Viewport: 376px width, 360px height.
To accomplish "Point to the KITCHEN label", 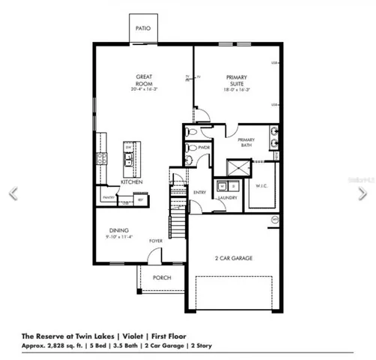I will click(133, 181).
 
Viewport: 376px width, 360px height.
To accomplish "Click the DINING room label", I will click(118, 230).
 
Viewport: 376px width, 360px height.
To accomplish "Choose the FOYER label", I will click(155, 241).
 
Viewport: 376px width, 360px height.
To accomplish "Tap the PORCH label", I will click(162, 277).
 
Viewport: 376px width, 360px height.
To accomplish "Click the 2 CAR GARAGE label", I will click(233, 258).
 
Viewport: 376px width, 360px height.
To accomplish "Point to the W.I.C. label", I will click(261, 185).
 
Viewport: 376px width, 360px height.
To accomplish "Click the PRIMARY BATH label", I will click(246, 142).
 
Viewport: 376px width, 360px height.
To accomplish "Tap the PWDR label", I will click(203, 148).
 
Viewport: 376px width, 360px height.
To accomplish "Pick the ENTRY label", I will click(199, 192).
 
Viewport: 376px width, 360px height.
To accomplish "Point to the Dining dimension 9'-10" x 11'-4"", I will click(118, 238).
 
